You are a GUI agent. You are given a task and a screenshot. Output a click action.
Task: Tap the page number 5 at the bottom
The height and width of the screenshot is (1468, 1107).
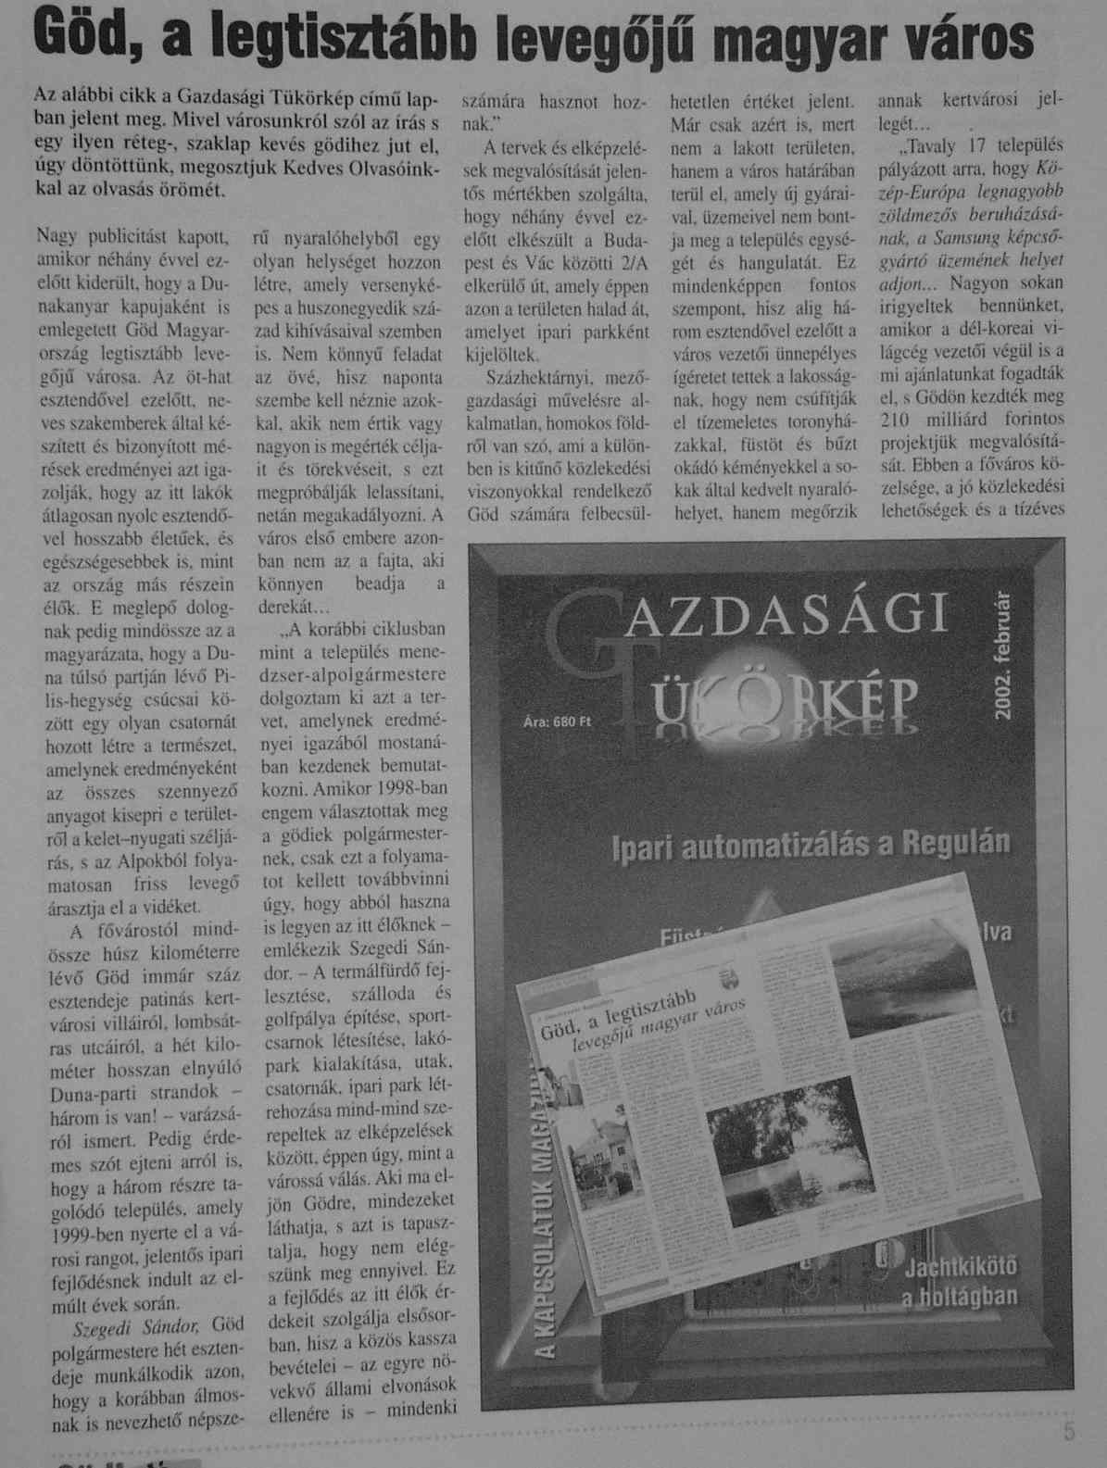[x=1069, y=1434]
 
